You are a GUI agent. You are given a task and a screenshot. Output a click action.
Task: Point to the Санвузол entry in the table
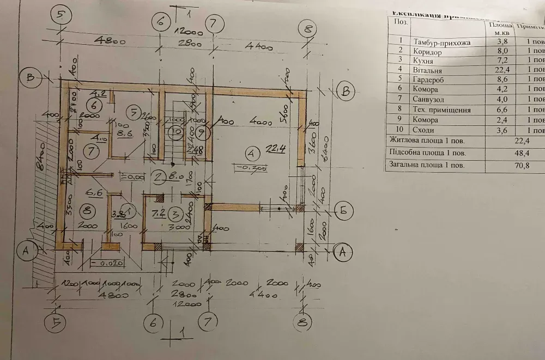coord(430,100)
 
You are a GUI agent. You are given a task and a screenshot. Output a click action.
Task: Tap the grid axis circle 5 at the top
coord(62,15)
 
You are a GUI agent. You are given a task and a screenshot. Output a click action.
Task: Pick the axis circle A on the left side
coord(25,251)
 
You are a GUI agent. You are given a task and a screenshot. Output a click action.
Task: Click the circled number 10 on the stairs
coord(176,131)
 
